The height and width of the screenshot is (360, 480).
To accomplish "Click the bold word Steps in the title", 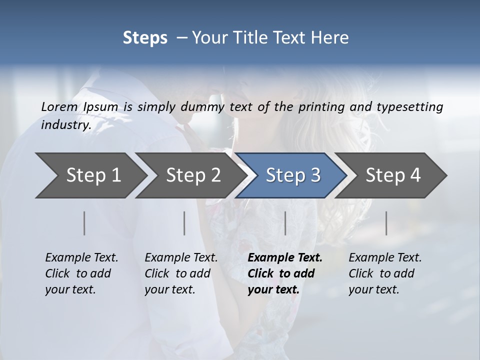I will click(x=145, y=38).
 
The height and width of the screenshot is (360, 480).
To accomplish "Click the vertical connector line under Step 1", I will click(x=84, y=223).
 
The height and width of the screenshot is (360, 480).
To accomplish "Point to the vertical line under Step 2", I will click(x=184, y=223).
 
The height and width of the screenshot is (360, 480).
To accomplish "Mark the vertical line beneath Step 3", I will click(x=285, y=223).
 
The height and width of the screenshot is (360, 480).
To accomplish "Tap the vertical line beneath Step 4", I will click(x=386, y=223).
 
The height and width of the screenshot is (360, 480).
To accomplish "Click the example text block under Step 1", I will click(x=81, y=273).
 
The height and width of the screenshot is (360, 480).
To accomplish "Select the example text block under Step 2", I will click(x=181, y=273).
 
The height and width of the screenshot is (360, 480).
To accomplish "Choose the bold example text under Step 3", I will click(x=285, y=273).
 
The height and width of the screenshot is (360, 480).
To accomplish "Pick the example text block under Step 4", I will click(x=385, y=273).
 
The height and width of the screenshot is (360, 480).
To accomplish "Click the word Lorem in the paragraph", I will click(x=59, y=107).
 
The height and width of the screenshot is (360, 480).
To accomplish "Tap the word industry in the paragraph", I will click(x=66, y=125).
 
